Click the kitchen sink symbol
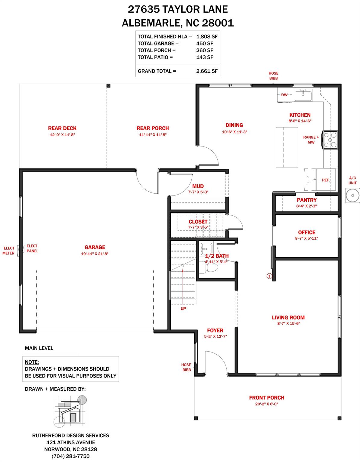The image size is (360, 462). click(303, 95)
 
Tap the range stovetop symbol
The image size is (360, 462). click(330, 140)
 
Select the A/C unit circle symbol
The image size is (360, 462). click(352, 196)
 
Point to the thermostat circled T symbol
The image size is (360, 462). click(269, 276)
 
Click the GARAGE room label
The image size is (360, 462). click(95, 247)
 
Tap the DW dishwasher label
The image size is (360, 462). click(284, 95)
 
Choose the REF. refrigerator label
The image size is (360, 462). click(326, 180)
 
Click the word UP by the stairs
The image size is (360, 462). click(183, 309)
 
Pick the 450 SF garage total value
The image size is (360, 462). click(204, 43)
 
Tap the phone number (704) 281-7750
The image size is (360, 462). click(70, 456)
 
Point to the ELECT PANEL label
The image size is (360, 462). click(32, 248)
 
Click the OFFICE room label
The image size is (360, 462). click(307, 233)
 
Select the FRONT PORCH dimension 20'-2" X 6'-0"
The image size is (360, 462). click(267, 404)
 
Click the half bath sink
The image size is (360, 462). click(206, 249)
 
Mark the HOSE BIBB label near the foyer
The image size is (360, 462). click(186, 367)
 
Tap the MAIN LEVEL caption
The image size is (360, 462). click(39, 348)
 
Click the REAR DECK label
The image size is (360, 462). click(62, 128)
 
